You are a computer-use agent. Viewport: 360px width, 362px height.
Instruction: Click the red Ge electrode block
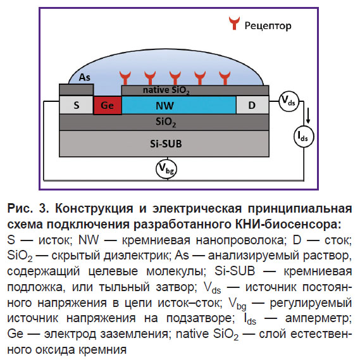108,105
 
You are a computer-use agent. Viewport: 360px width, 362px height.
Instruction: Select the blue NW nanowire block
179,105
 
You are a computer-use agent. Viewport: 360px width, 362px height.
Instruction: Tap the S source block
77,105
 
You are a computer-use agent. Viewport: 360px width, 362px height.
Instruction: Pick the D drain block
252,105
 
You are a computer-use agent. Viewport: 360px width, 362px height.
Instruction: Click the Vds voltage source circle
289,101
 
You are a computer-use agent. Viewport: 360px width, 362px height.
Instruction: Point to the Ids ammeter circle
304,137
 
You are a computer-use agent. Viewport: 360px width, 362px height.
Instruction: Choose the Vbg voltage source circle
166,169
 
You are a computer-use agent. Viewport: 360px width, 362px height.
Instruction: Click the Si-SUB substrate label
166,144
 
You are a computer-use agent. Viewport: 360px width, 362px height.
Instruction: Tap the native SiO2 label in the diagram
166,91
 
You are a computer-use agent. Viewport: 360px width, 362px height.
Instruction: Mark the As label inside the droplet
84,77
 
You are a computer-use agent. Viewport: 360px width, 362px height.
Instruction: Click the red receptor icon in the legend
234,23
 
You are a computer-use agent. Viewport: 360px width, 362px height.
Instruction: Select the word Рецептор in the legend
268,25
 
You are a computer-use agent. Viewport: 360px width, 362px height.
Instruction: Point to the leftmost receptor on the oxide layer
125,78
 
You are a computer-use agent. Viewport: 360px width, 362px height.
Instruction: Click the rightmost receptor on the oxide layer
225,78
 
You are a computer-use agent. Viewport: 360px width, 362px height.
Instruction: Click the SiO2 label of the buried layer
166,122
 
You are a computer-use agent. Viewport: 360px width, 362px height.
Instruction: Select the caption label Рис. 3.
28,208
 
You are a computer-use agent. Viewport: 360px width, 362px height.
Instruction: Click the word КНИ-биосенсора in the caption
288,224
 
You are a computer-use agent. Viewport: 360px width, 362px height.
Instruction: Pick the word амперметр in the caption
318,318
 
